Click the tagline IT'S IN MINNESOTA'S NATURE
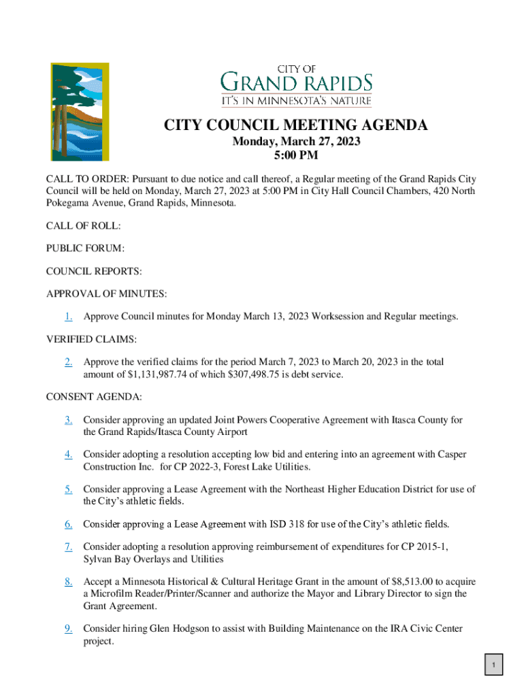click(297, 101)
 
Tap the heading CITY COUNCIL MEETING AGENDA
click(296, 126)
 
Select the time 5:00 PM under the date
click(296, 156)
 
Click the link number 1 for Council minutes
click(69, 317)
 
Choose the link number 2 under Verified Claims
click(69, 363)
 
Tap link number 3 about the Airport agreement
click(69, 420)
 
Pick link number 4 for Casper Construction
click(69, 454)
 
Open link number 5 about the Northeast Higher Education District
click(69, 489)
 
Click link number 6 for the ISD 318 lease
click(69, 524)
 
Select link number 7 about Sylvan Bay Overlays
click(69, 547)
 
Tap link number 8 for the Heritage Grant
click(69, 582)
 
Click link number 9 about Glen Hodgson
click(69, 628)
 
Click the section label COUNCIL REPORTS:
click(94, 271)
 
